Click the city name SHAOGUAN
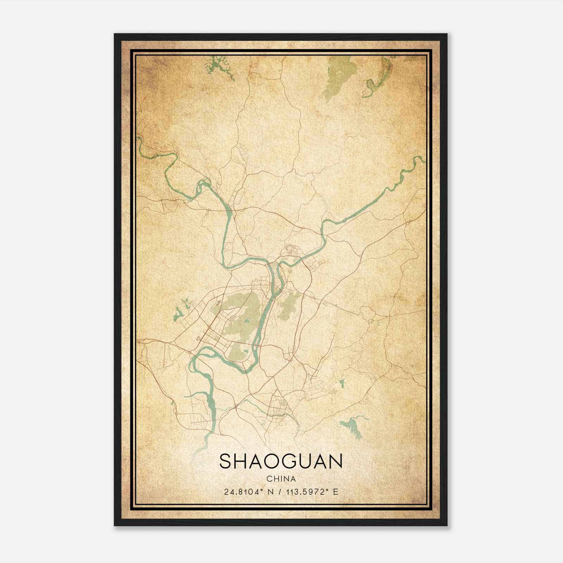[281, 461]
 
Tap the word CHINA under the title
[281, 479]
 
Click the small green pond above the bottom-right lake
[341, 383]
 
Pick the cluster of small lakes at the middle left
[181, 310]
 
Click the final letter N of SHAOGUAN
[336, 461]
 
